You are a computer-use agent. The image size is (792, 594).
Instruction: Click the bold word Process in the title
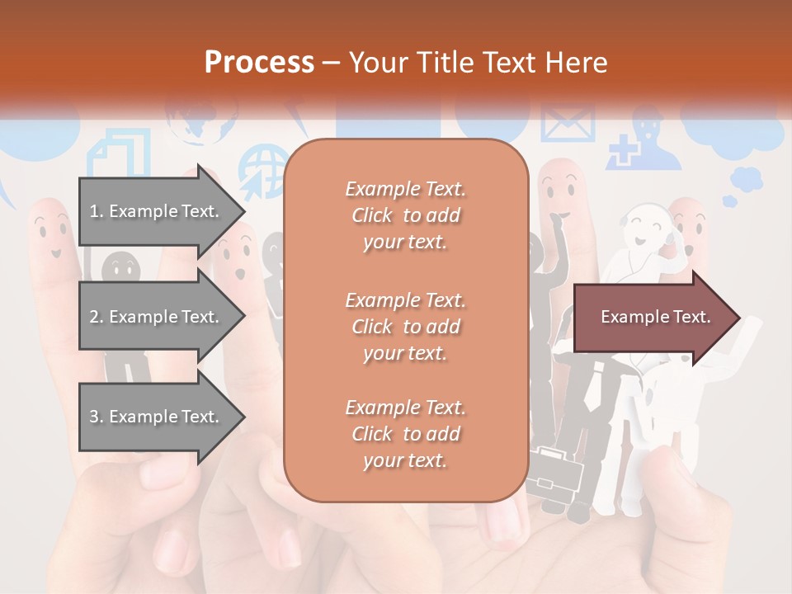(259, 62)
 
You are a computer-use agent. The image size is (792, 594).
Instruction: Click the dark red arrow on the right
(656, 317)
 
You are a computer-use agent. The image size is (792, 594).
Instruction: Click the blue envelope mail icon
(567, 124)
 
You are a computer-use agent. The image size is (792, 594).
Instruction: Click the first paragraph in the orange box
(405, 215)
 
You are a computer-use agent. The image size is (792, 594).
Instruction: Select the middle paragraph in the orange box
(405, 327)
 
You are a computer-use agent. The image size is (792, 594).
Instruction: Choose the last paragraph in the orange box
(405, 434)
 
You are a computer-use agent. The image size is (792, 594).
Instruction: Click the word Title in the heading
(450, 62)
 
